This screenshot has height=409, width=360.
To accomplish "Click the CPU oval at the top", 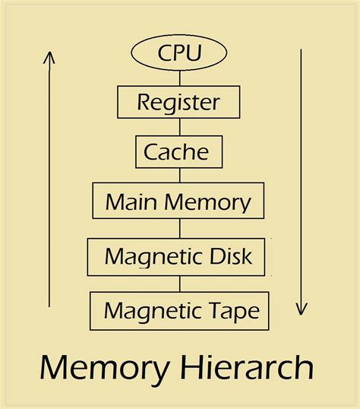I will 180,53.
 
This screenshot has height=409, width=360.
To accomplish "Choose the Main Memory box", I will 178,201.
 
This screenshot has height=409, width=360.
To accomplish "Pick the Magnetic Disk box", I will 179,258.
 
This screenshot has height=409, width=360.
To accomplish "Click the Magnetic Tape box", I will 180,310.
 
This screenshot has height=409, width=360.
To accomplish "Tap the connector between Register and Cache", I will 180,126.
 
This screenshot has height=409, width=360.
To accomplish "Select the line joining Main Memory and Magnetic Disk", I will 180,229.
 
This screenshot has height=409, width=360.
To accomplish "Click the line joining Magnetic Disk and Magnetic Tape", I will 180,284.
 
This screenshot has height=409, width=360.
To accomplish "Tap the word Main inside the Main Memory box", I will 125,202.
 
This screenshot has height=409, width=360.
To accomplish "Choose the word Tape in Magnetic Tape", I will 233,311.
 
